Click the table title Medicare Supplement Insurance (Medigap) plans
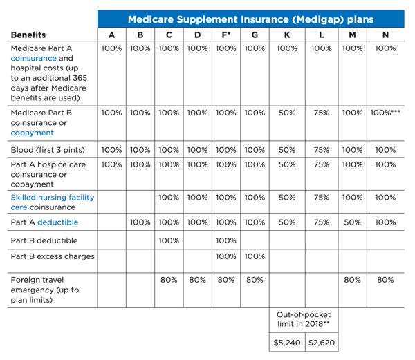point(250,19)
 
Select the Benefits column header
point(28,35)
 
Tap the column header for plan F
point(225,35)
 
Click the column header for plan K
point(287,35)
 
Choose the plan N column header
point(385,35)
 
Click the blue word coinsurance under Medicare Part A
point(34,58)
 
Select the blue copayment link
point(32,133)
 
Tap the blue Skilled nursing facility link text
point(53,198)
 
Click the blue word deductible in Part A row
point(57,222)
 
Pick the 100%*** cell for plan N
point(385,113)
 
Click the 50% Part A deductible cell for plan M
point(352,222)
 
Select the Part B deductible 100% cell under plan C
point(169,240)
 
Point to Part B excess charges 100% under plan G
point(255,256)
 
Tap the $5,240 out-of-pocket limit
point(287,343)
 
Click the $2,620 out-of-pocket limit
point(322,343)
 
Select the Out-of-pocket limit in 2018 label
point(304,319)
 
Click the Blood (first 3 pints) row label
point(48,150)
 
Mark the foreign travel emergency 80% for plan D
point(197,280)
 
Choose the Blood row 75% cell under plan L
point(322,150)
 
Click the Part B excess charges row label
point(53,256)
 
